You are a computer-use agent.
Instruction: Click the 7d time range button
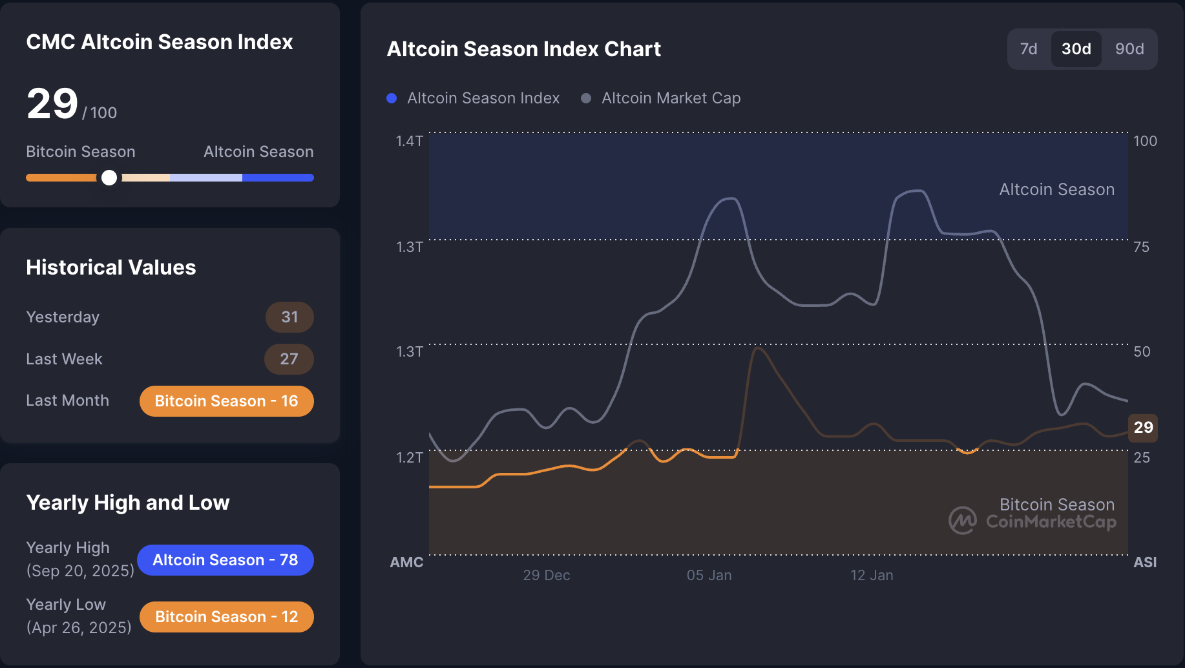pos(1028,49)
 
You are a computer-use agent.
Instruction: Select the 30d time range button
pos(1076,49)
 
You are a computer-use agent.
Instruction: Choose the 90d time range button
pos(1129,49)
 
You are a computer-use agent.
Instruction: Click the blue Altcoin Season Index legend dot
pos(392,98)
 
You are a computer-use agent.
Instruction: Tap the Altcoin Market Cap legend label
pos(671,98)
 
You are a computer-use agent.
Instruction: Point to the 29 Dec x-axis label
pos(546,575)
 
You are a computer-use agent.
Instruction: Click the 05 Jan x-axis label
pos(709,575)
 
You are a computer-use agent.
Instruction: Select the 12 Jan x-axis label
pos(872,575)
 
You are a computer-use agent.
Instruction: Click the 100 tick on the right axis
pos(1145,141)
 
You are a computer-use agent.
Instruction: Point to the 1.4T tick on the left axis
pos(409,141)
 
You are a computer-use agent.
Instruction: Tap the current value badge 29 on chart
pos(1143,427)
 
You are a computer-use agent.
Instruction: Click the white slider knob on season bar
pos(109,178)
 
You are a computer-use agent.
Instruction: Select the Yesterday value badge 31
pos(289,317)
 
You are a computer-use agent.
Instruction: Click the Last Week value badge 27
pos(289,359)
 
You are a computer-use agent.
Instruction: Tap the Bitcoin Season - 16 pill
pos(226,401)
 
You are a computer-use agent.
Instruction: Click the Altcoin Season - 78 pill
pos(225,560)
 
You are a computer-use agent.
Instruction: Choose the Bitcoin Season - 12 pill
pos(226,617)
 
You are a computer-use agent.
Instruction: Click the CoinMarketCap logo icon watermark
pos(962,520)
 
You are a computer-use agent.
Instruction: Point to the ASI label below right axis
pos(1144,562)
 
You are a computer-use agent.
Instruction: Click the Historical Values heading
pos(111,267)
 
